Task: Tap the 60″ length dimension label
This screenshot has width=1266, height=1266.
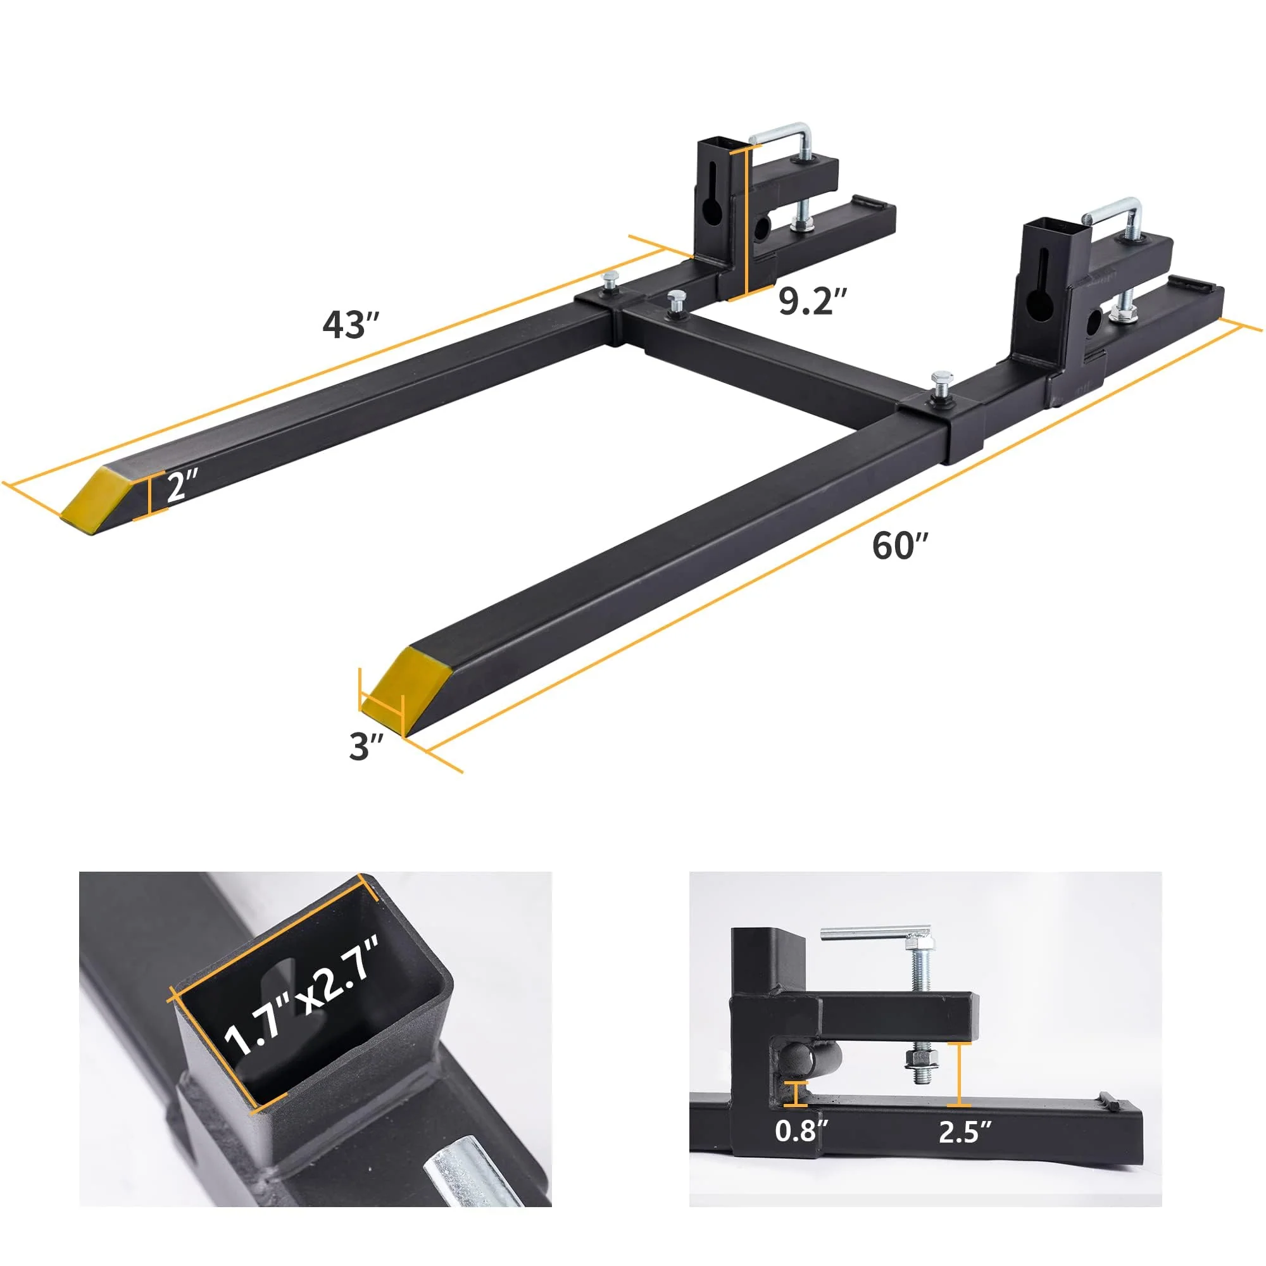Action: pyautogui.click(x=900, y=545)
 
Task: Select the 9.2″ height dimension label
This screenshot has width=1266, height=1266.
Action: pyautogui.click(x=813, y=301)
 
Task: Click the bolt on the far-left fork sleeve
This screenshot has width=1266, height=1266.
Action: pyautogui.click(x=611, y=281)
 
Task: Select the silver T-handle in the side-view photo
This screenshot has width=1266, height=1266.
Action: pyautogui.click(x=875, y=933)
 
